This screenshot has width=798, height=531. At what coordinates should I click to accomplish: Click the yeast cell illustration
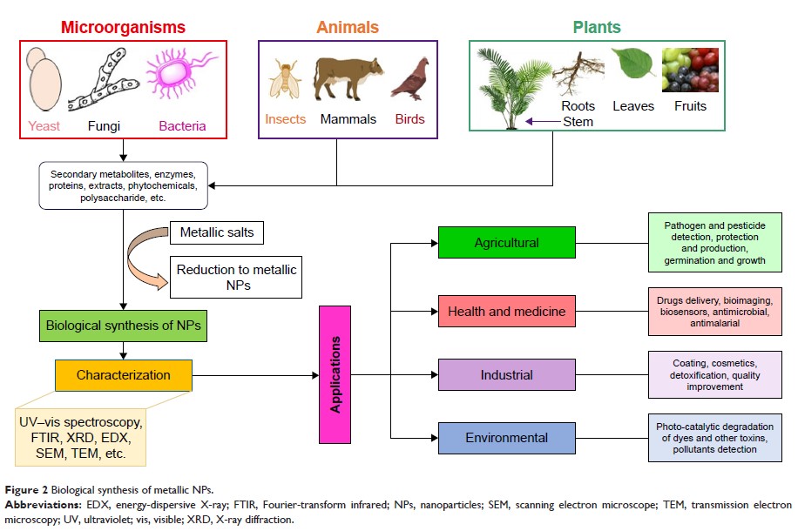pyautogui.click(x=44, y=83)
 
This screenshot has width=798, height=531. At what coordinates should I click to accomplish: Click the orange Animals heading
pyautogui.click(x=348, y=27)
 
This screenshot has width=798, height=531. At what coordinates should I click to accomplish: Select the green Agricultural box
pyautogui.click(x=506, y=243)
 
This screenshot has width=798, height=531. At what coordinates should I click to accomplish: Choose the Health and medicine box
pyautogui.click(x=506, y=311)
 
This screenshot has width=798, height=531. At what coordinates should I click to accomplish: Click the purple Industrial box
pyautogui.click(x=506, y=375)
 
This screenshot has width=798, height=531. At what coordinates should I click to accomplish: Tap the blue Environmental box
pyautogui.click(x=506, y=438)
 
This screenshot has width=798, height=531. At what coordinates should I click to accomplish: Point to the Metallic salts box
pyautogui.click(x=217, y=233)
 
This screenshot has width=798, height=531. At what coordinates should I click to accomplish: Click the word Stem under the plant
pyautogui.click(x=578, y=122)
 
